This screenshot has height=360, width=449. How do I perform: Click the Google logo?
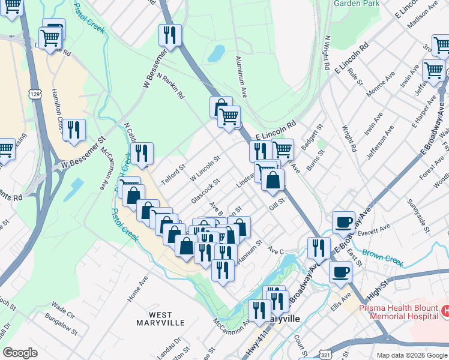coord(20,353)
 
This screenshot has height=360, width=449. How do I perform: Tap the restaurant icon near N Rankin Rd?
coord(170,34)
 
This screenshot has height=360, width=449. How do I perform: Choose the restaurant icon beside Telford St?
coord(142,153)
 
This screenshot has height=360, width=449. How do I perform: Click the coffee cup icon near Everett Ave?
coord(344,221)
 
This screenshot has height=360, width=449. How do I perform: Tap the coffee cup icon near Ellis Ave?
coord(340,272)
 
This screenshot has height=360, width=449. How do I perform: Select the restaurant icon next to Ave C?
coord(319,247)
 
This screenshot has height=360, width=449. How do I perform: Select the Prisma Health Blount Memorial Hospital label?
coord(399,312)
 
